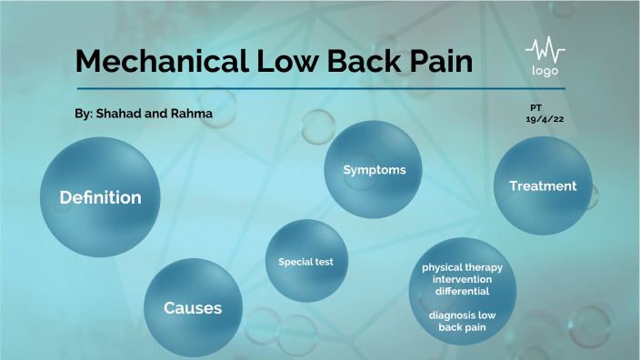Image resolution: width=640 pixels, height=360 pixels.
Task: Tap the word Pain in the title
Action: [441, 61]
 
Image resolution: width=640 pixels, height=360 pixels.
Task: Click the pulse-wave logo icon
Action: [545, 49]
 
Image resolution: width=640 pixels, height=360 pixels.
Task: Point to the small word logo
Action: [545, 71]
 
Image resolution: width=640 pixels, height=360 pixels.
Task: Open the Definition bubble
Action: [100, 197]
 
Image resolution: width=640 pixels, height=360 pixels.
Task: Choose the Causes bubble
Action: [193, 308]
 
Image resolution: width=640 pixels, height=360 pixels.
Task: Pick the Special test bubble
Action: [305, 262]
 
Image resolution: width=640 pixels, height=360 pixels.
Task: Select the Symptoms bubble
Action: [374, 170]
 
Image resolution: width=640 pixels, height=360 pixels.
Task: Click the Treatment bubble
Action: [542, 186]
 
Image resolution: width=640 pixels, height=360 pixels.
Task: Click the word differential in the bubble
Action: [462, 292]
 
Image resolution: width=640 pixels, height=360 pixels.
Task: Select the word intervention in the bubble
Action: [462, 280]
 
